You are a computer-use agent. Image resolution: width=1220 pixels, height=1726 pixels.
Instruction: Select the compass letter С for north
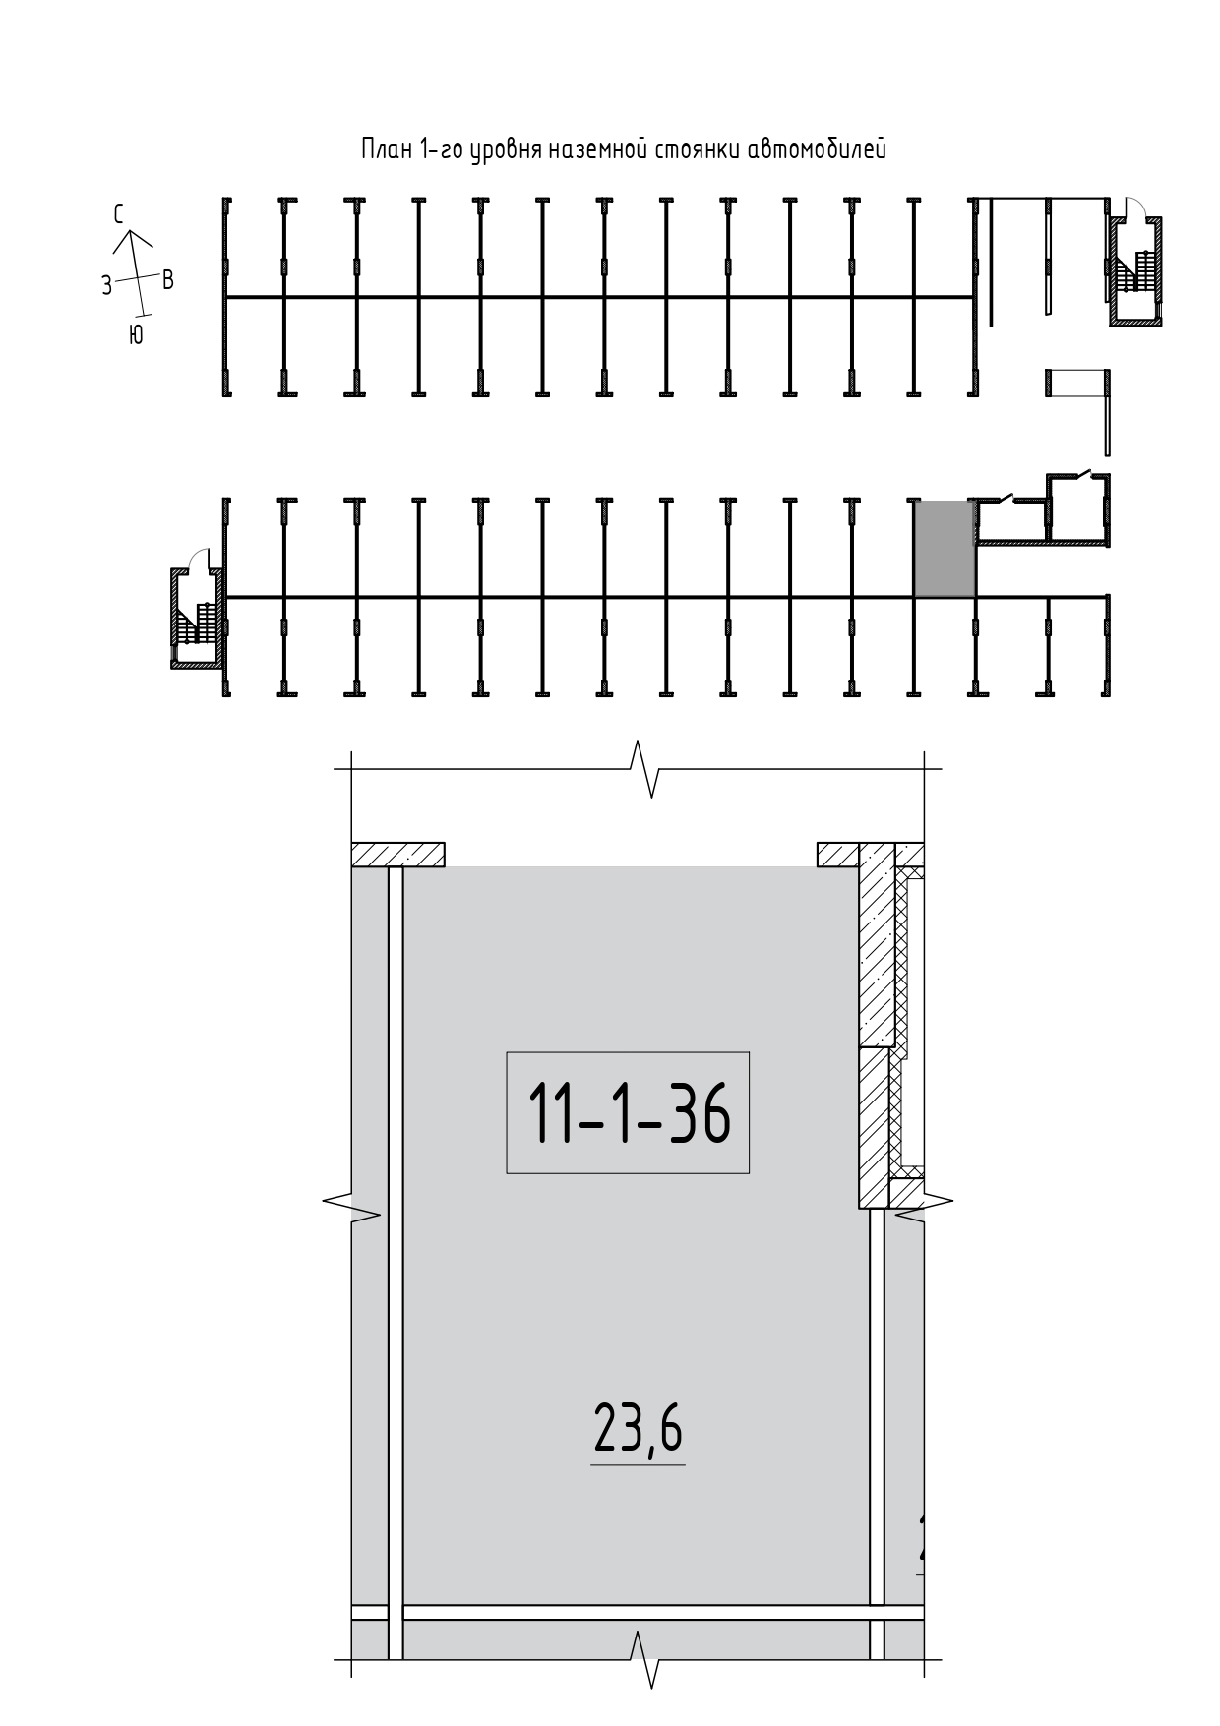pos(118,214)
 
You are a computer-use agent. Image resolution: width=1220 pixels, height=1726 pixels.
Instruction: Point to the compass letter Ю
pos(136,335)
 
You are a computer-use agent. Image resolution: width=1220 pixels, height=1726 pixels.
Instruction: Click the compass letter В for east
pos(167,279)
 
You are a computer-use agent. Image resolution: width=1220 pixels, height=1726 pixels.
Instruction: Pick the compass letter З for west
pos(106,286)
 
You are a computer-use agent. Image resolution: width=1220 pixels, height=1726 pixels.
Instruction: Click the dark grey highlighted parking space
pos(945,548)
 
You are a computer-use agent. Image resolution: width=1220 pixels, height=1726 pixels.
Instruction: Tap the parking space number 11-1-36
pos(629,1112)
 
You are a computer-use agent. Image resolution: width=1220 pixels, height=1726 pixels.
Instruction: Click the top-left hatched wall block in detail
pos(398,855)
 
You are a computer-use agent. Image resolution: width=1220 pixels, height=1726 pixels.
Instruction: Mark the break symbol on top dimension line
pos(642,768)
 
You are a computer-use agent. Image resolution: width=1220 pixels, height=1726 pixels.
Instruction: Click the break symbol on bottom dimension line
pos(642,1659)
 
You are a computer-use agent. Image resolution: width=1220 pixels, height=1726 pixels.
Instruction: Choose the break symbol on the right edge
pos(925,1202)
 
